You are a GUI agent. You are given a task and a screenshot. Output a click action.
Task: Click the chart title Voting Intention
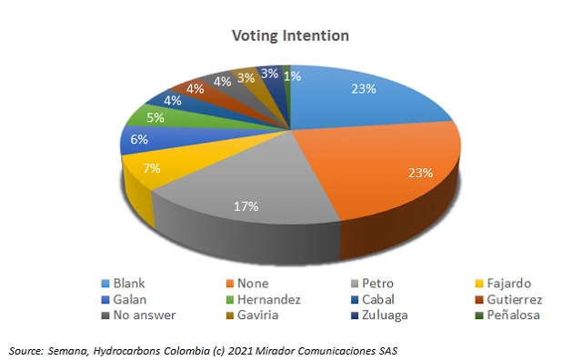(x=290, y=35)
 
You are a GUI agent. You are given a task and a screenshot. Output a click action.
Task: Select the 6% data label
(x=138, y=140)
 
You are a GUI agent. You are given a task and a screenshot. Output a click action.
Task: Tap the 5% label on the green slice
(x=156, y=117)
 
